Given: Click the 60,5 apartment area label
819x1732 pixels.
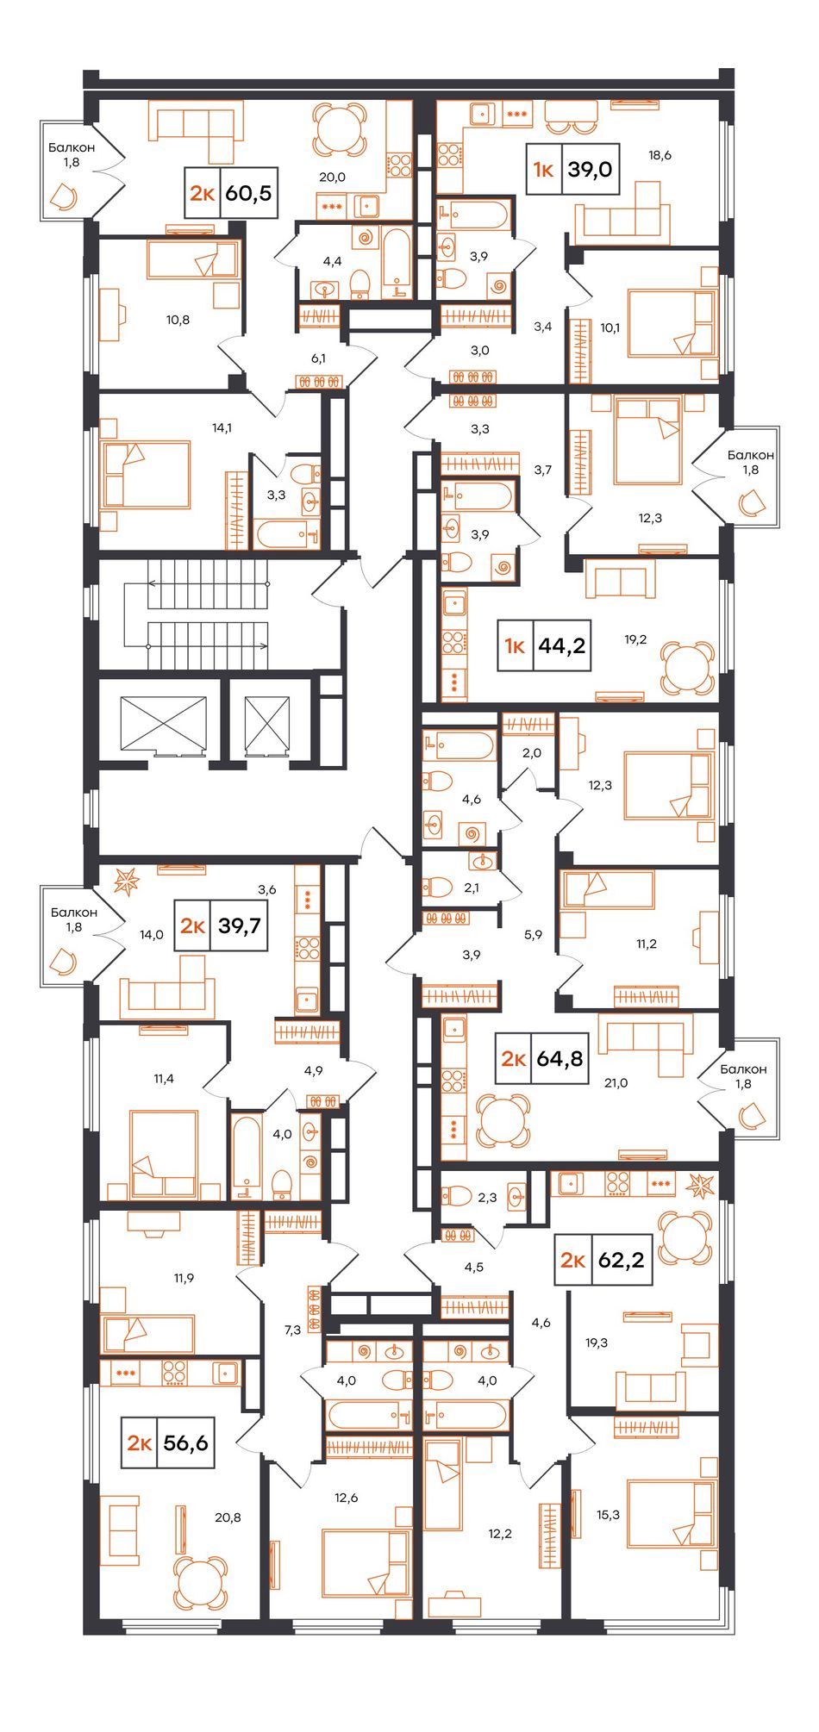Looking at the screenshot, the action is tap(248, 193).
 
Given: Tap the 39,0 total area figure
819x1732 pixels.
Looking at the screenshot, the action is tap(590, 169).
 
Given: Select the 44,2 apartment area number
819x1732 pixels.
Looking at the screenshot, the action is tap(562, 645).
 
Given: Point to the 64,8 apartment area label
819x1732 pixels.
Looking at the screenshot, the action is tap(560, 1057).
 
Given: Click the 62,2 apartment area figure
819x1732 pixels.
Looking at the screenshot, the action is tap(621, 1260).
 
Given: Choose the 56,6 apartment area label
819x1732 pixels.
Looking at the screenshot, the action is tap(186, 1442).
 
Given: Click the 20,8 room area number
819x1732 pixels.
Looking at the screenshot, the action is tap(228, 1517).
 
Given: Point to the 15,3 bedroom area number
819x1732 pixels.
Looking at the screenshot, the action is tap(608, 1514).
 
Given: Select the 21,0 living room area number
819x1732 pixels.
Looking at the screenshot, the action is tap(616, 1083).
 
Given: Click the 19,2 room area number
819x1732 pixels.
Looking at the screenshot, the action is tap(635, 639).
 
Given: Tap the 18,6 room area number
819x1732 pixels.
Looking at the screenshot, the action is tap(660, 155).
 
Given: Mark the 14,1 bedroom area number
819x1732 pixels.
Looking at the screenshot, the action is tap(222, 427).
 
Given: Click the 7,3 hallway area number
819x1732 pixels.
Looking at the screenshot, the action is tap(292, 1330).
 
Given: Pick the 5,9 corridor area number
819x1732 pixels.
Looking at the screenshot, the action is tap(533, 934).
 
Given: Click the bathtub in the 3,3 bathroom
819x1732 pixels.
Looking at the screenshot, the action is tap(288, 533).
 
